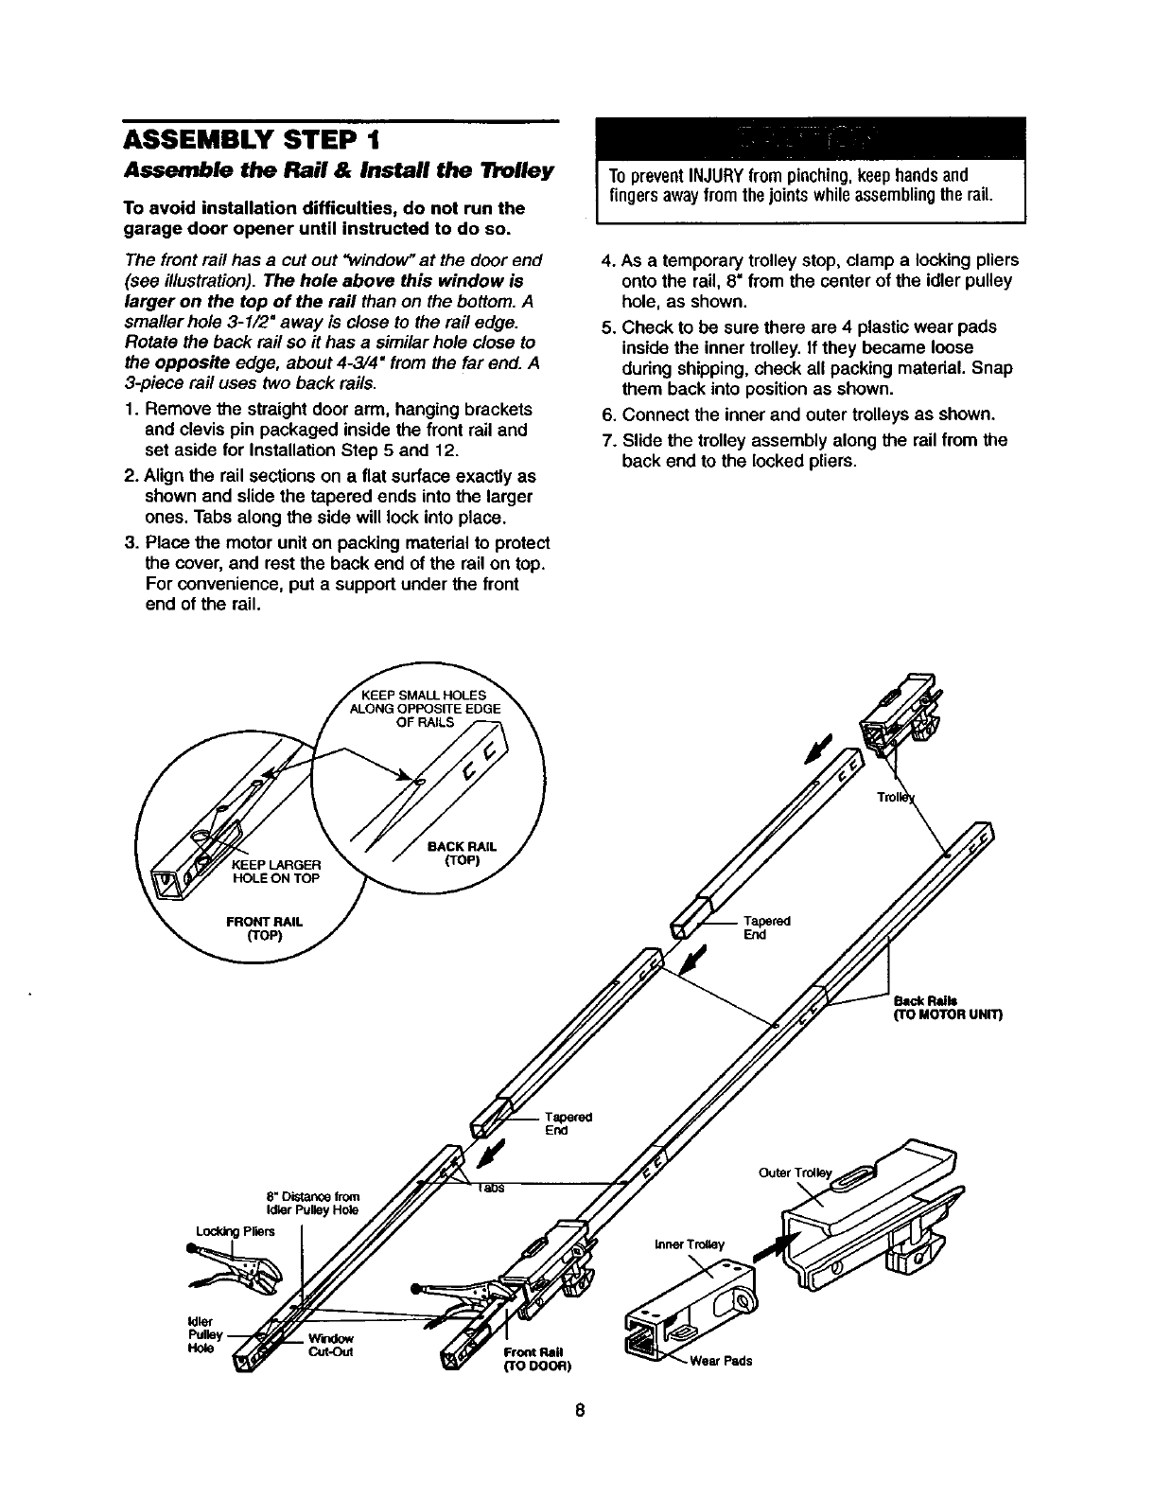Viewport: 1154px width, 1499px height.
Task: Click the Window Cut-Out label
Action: click(x=329, y=1345)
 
